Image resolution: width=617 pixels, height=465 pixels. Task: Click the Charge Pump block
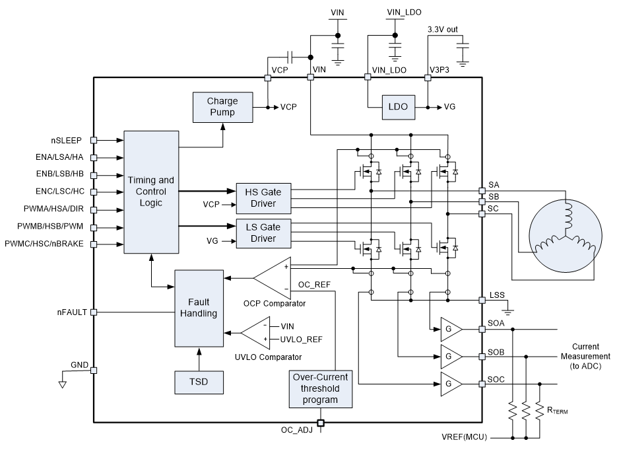tap(223, 107)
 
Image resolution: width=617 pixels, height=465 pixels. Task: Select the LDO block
tap(399, 107)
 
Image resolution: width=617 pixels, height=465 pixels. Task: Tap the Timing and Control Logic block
tap(151, 192)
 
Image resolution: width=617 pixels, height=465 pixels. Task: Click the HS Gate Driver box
tap(263, 197)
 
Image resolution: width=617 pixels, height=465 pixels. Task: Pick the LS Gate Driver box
tap(263, 233)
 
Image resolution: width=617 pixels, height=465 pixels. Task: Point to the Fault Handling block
tap(199, 308)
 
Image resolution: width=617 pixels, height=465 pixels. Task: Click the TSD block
tap(199, 382)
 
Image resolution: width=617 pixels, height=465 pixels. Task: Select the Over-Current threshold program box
tap(320, 389)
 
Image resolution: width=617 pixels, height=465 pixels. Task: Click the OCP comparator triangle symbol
tap(274, 277)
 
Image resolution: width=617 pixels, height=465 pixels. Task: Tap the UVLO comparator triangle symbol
tap(256, 332)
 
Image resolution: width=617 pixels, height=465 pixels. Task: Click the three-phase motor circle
tap(566, 236)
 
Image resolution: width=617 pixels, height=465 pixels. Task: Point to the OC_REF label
tap(315, 285)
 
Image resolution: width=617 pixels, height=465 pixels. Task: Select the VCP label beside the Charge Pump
tap(289, 107)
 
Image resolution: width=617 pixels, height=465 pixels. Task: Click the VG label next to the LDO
tap(449, 107)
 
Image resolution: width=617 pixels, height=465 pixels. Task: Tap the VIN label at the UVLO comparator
tap(288, 326)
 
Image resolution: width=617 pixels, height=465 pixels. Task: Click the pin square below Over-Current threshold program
tap(321, 423)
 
